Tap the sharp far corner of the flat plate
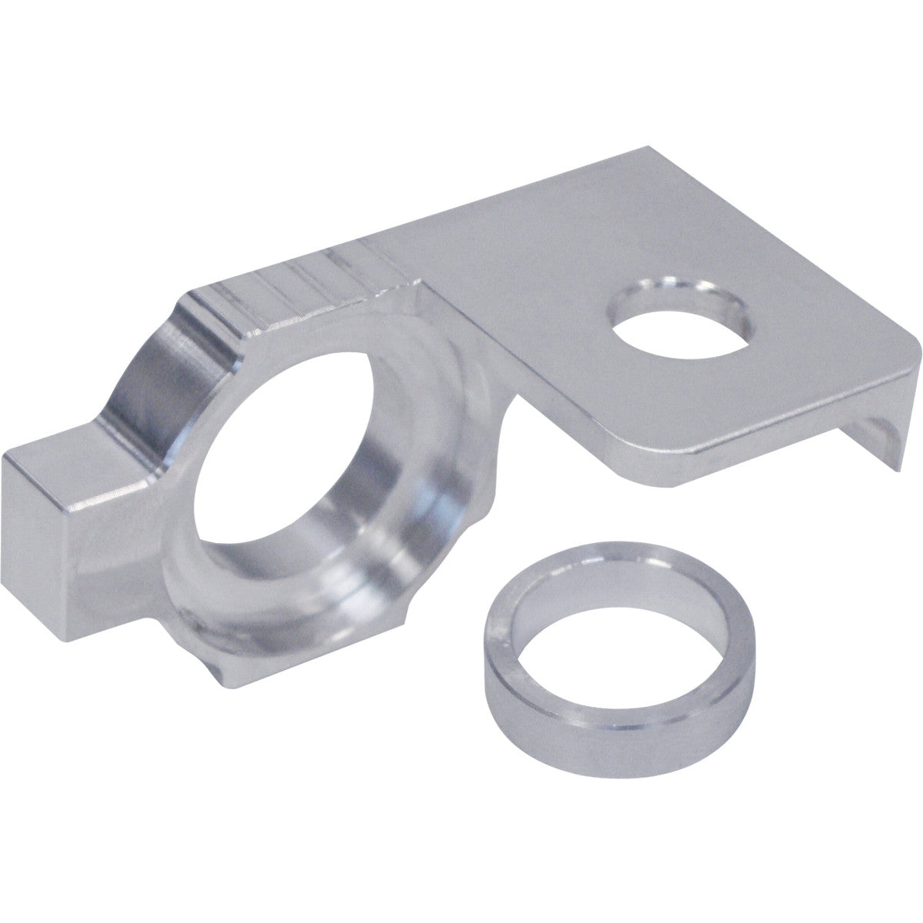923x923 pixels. (x=650, y=148)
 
